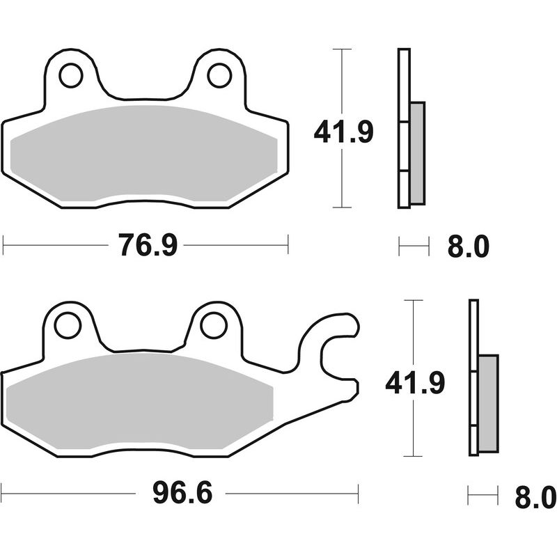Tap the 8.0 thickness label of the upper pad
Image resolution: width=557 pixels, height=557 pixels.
pyautogui.click(x=469, y=246)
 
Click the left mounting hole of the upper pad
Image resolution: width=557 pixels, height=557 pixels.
pyautogui.click(x=70, y=75)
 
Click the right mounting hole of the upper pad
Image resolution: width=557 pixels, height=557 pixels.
pyautogui.click(x=220, y=75)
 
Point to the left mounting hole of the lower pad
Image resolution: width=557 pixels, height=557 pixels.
pyautogui.click(x=68, y=326)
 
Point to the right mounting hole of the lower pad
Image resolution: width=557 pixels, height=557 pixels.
pyautogui.click(x=214, y=325)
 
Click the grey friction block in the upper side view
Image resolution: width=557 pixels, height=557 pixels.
pyautogui.click(x=417, y=153)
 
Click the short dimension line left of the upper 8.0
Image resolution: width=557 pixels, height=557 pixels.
pyautogui.click(x=413, y=246)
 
